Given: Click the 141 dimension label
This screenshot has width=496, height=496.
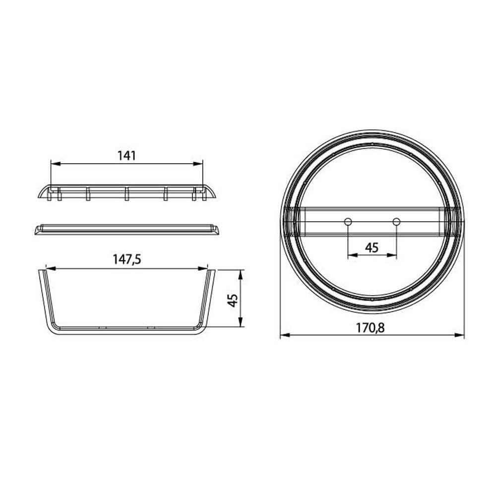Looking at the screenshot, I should tap(126, 155).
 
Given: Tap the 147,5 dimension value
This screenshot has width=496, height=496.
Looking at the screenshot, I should tap(126, 259).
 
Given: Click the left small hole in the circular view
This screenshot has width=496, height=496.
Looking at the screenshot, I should tap(348, 221).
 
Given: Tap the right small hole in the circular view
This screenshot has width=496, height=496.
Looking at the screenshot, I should tap(396, 221).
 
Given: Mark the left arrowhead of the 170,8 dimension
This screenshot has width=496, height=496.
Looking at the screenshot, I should tap(283, 336).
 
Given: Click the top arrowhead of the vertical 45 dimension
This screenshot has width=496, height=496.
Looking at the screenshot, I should tap(241, 272).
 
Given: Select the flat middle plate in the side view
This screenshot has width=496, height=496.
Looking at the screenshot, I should tap(126, 230).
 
